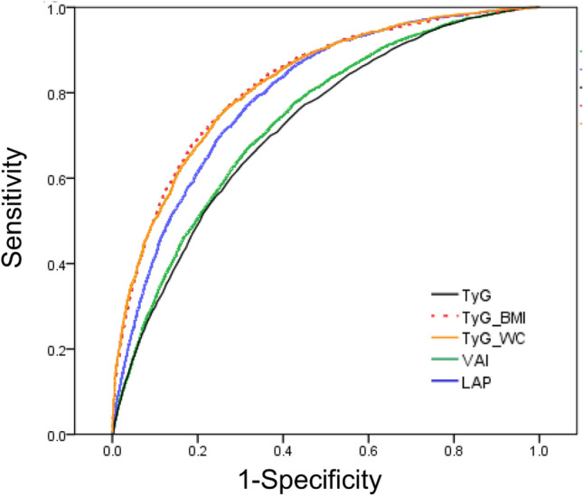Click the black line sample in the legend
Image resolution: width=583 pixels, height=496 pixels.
(x=446, y=295)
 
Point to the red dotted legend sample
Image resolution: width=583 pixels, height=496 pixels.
(x=446, y=316)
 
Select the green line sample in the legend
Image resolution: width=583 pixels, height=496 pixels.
(x=446, y=359)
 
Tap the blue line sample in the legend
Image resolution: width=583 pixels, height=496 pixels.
(x=446, y=379)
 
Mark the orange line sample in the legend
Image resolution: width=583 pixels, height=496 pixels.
(x=446, y=337)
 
